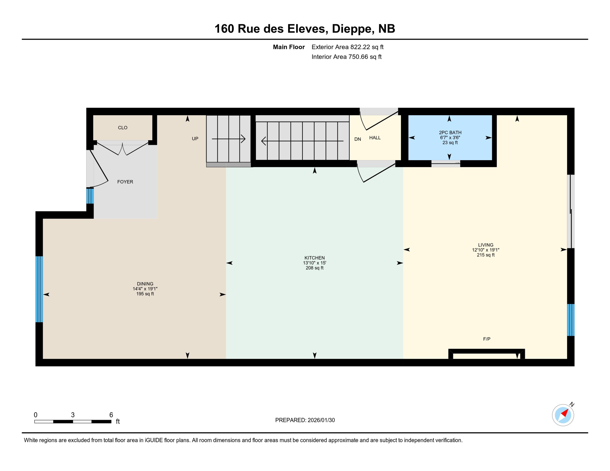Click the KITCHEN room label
click(x=315, y=258)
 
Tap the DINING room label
click(x=145, y=284)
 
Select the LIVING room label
click(x=485, y=245)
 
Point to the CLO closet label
click(x=123, y=128)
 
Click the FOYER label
click(x=125, y=182)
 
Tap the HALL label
click(x=375, y=138)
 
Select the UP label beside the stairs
click(x=195, y=139)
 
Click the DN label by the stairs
click(x=357, y=139)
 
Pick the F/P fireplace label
click(x=487, y=339)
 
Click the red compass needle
click(x=565, y=413)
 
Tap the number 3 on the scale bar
click(x=73, y=415)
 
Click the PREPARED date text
click(x=305, y=420)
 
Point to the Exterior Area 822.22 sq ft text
click(x=347, y=47)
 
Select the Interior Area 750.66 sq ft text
click(x=346, y=57)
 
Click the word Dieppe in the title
click(x=353, y=29)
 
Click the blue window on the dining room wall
click(x=39, y=289)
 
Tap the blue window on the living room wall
click(x=570, y=320)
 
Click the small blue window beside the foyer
click(x=90, y=196)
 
